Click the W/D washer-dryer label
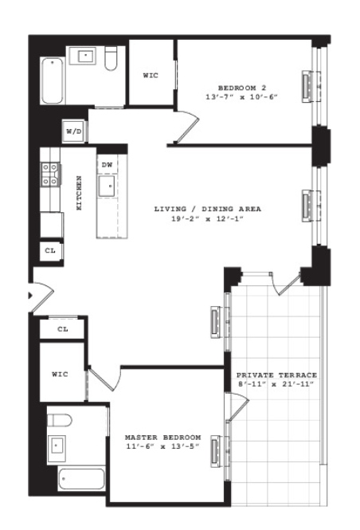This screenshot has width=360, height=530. click(73, 132)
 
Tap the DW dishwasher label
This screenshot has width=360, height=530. click(107, 165)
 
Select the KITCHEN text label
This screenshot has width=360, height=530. click(79, 193)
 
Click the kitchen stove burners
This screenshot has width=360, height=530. click(50, 175)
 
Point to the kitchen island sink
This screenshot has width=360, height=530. click(107, 186)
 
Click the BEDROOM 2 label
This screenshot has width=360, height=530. click(242, 88)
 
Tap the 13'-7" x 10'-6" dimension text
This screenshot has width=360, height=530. click(242, 97)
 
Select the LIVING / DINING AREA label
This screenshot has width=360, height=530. click(208, 209)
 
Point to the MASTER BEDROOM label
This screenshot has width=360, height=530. click(163, 438)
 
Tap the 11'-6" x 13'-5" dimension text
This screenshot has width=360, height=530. click(162, 447)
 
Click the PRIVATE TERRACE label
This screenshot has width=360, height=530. click(276, 375)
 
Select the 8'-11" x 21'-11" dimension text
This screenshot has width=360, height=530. click(276, 384)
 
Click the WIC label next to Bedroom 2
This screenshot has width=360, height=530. click(151, 76)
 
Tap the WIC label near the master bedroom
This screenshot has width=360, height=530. click(60, 374)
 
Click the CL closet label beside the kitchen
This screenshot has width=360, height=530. click(50, 251)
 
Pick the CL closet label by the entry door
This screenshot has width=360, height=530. click(63, 329)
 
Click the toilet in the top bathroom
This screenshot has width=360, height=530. click(111, 58)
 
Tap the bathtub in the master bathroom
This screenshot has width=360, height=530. click(81, 479)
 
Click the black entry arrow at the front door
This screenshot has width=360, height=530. click(30, 296)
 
